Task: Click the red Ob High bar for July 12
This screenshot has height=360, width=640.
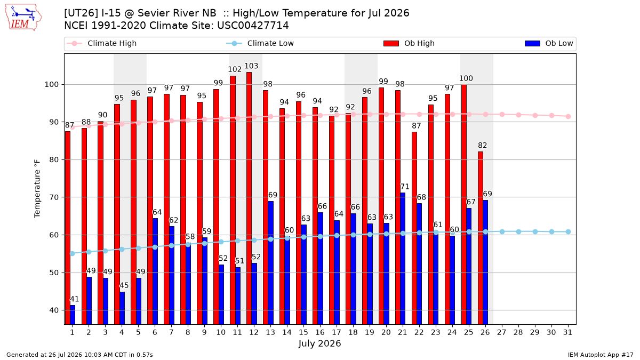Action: (249, 198)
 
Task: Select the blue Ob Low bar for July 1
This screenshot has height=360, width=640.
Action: (73, 315)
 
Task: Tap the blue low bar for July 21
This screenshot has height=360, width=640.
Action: (403, 259)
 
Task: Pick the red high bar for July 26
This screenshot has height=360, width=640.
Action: (481, 238)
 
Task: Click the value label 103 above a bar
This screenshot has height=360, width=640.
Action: (251, 66)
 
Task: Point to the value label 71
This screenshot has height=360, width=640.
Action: (405, 187)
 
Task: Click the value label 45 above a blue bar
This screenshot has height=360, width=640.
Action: (124, 285)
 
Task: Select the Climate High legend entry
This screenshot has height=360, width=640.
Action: (101, 43)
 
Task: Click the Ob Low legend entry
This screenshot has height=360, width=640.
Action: (549, 43)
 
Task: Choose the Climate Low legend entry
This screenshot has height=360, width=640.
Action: (260, 43)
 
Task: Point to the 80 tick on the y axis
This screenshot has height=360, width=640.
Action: (54, 159)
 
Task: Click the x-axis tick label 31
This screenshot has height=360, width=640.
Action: (567, 332)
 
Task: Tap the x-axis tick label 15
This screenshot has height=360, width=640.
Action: (303, 332)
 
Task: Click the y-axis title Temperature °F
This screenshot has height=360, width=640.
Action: (37, 189)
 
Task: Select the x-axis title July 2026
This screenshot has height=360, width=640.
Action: (319, 343)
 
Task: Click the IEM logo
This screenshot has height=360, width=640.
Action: (23, 18)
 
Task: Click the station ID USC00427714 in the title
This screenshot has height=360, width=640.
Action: (253, 26)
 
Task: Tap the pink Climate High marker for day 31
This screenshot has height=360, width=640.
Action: (568, 117)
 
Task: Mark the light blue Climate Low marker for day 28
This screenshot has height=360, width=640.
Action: (518, 231)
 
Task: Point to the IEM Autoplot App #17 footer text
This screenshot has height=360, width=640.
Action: (601, 355)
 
